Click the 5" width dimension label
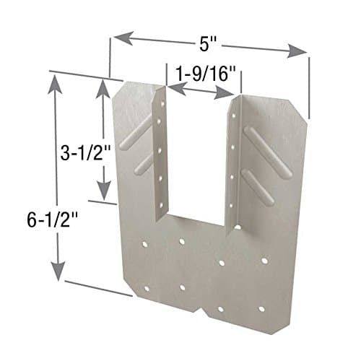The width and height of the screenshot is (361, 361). pyautogui.click(x=208, y=43)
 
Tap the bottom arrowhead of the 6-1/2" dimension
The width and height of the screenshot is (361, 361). pyautogui.click(x=56, y=278)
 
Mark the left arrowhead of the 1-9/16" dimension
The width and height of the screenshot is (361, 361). pyautogui.click(x=172, y=87)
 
